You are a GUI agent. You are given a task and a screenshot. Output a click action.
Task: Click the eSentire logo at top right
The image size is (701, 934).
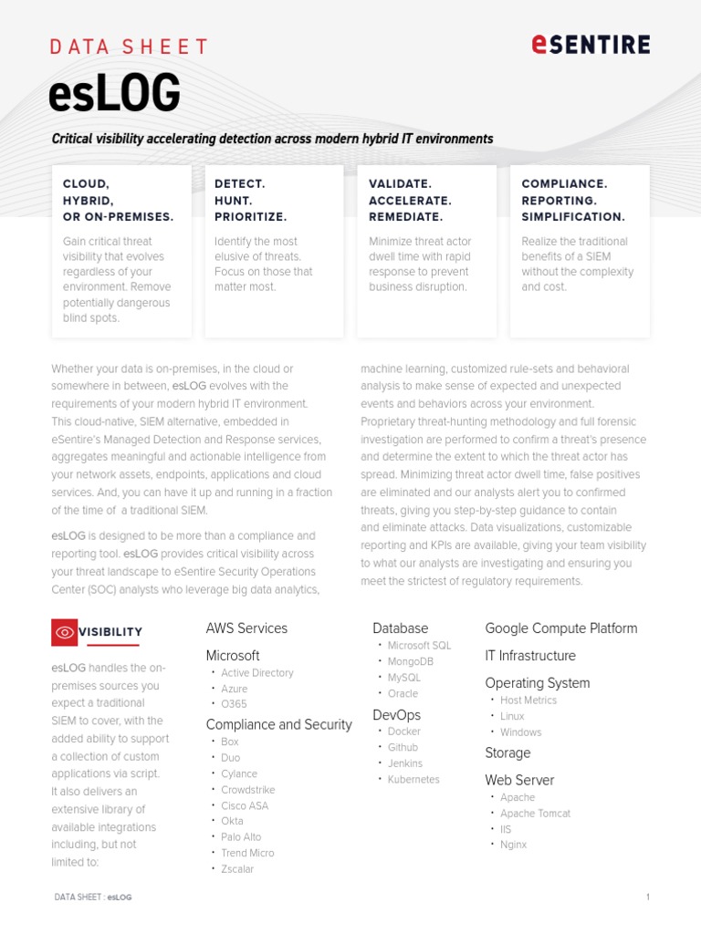pos(591,44)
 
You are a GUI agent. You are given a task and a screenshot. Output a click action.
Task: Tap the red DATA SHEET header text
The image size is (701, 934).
pos(129,47)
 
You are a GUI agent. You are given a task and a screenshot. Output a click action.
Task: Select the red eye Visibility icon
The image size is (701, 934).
pos(64,631)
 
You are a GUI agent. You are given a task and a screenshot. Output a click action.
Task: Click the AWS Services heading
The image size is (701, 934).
pos(246,628)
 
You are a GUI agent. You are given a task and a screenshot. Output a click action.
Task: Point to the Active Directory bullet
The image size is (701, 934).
pos(257,673)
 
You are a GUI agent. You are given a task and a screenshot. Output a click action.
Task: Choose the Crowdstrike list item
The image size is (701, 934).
pos(247,790)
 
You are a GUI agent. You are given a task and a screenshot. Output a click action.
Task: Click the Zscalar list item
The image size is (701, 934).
pos(237,869)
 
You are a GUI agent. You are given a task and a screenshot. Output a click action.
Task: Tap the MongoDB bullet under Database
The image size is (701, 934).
pos(411,661)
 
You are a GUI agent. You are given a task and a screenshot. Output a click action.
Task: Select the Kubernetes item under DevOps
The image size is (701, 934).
pos(413,780)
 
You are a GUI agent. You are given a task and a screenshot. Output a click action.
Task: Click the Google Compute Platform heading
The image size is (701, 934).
pos(561,628)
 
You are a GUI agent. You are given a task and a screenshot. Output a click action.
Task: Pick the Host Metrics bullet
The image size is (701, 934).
pos(528,700)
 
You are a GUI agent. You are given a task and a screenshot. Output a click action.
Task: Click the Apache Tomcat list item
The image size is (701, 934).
pos(535,814)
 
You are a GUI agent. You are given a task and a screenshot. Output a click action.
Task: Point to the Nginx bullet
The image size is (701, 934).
pos(513,845)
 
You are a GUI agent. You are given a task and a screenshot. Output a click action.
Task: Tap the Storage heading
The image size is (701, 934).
pos(507,753)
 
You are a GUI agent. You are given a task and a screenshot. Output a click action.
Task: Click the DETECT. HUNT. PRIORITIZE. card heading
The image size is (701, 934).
pos(251,200)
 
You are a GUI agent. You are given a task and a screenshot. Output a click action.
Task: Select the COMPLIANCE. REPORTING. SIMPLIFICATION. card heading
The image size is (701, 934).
pos(573,200)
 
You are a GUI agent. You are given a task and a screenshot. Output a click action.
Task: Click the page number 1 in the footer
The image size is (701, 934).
pos(647,898)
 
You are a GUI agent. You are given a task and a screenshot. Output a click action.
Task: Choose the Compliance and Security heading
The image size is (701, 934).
pos(278,725)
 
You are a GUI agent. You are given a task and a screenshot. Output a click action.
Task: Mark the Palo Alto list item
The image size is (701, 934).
pos(241,837)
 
